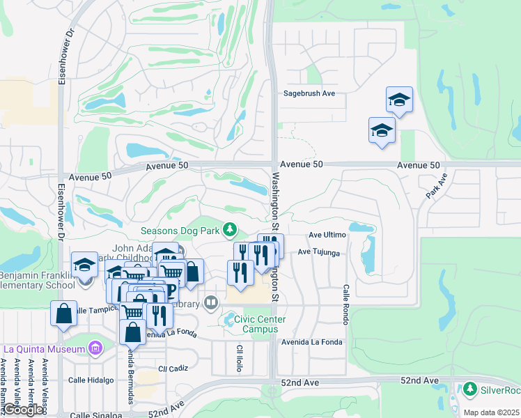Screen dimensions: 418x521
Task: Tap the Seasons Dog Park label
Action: coord(180,230)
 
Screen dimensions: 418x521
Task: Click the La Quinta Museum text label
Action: coord(45,348)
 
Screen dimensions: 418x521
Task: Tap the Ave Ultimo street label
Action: coord(327,235)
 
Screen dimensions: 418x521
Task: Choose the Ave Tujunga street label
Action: coord(319,253)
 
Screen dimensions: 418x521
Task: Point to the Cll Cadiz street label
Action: coord(173,369)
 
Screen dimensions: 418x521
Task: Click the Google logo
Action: coord(24,410)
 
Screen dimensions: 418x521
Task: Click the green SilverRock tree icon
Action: coord(470,389)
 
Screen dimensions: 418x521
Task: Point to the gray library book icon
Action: coord(211,303)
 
